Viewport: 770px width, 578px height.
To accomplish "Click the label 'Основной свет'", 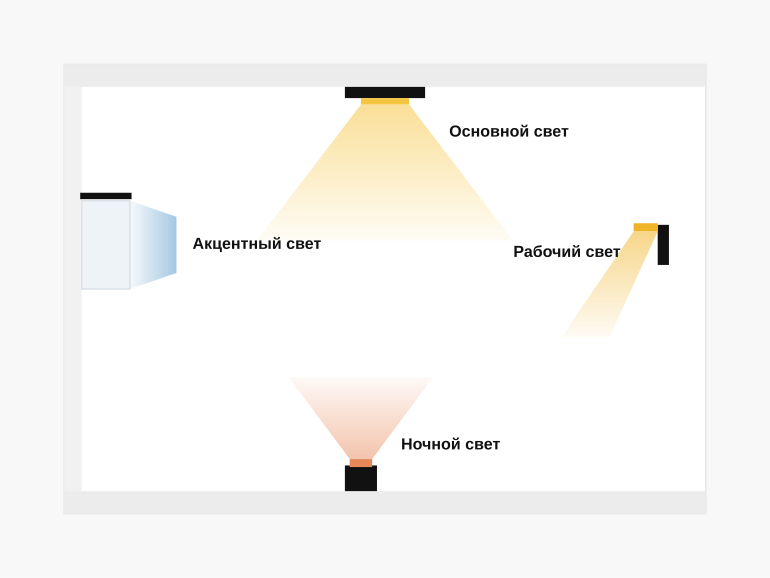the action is [509, 132].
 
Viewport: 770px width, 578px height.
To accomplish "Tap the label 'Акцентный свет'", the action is [257, 244].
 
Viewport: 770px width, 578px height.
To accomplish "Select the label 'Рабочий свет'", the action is [567, 251].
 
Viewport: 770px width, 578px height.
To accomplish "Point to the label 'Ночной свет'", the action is [450, 444].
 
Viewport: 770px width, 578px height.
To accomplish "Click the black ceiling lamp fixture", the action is [385, 92].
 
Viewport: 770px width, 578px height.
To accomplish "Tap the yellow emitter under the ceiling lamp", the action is [385, 101].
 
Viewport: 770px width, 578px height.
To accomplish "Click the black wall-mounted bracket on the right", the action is [663, 245].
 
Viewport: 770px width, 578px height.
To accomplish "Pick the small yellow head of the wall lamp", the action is [646, 227].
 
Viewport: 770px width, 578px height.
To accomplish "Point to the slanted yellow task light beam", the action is [609, 284].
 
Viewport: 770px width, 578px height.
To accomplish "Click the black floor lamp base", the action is [361, 478].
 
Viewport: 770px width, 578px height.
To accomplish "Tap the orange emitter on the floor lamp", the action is [361, 463].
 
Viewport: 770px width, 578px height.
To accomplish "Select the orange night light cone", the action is [361, 418].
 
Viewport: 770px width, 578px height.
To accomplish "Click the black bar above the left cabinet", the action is [106, 196].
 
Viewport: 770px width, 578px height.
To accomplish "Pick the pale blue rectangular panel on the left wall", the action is [106, 245].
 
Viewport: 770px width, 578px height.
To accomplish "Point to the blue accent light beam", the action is [154, 245].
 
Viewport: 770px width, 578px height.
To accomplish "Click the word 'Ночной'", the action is [431, 444].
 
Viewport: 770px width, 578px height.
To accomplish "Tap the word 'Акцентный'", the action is [230, 244].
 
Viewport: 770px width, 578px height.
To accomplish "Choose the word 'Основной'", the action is [482, 132].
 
